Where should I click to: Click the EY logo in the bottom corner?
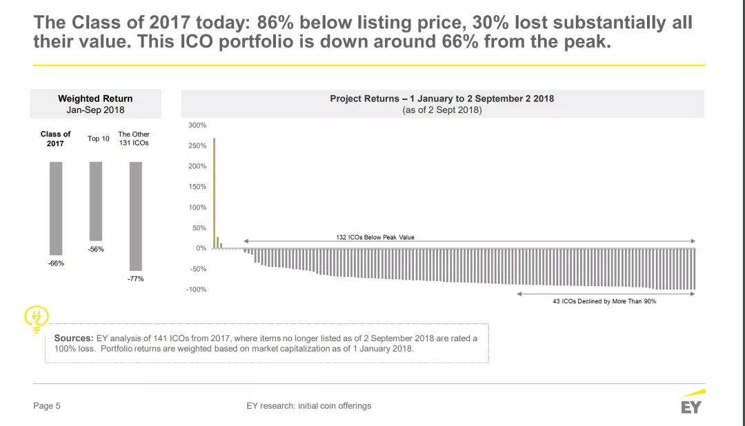(692, 403)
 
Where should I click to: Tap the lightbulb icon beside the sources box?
(34, 319)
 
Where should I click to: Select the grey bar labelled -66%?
(56, 208)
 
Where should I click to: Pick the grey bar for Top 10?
(96, 201)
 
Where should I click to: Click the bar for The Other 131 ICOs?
(136, 216)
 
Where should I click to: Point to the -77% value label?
(136, 279)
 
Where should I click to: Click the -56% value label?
(96, 250)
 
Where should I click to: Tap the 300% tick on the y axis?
(197, 125)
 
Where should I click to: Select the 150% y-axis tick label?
(197, 187)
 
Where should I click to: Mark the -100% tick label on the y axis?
(196, 290)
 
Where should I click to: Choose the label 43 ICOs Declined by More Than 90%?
(604, 302)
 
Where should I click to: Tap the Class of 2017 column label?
(56, 139)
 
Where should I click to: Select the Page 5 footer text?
(47, 406)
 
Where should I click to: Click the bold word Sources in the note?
(74, 338)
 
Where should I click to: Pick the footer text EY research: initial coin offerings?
(308, 406)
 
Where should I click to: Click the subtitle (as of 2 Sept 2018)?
(441, 110)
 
